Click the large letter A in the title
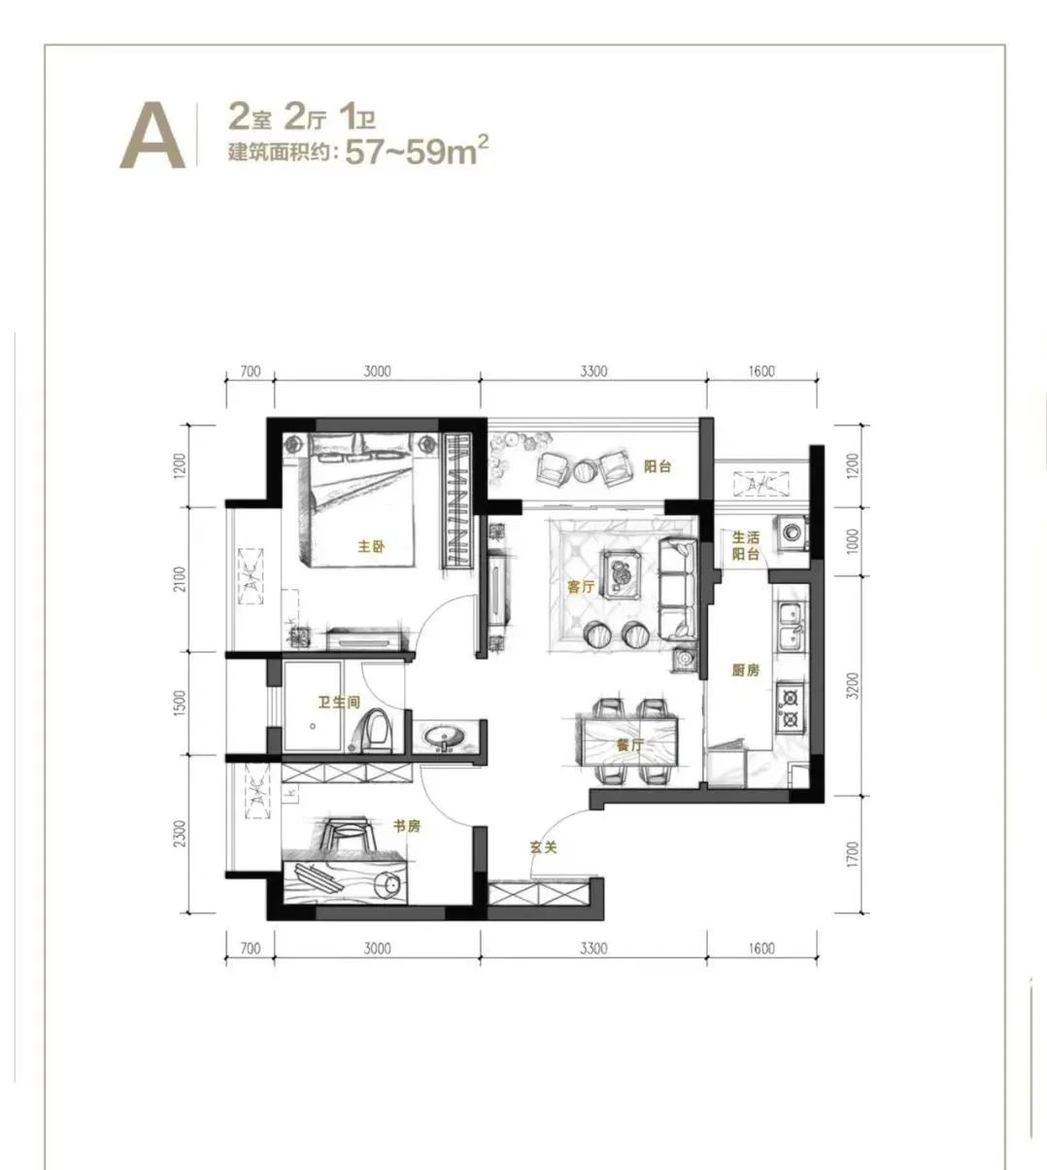tap(152, 136)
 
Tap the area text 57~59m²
tap(417, 151)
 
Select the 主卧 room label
tap(371, 546)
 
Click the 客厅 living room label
tap(581, 587)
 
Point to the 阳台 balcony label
tap(658, 466)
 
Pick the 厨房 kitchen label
tap(746, 670)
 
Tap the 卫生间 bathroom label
tap(339, 703)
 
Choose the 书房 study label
tap(407, 826)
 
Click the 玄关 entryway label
tap(544, 847)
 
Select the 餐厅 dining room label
tap(629, 745)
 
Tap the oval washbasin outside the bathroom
tap(445, 738)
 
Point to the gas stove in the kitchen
tap(790, 708)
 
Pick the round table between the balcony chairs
tap(585, 470)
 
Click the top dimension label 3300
tap(594, 371)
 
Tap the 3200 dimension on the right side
tap(853, 685)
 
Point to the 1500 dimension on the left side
tap(180, 704)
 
